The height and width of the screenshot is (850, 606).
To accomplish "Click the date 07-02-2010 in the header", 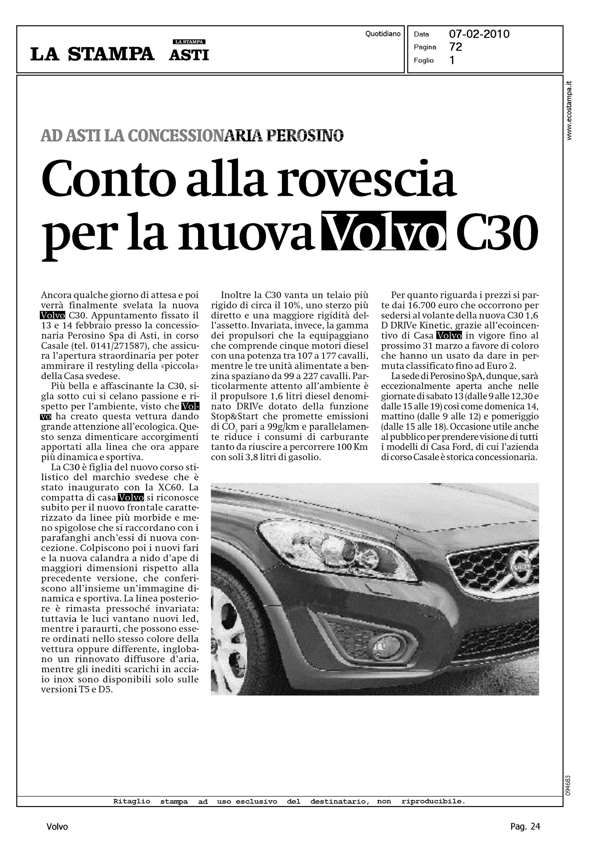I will click(x=479, y=34).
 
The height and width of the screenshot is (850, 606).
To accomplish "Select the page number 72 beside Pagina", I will click(x=456, y=47).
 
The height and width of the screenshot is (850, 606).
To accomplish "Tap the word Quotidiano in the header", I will click(x=383, y=34).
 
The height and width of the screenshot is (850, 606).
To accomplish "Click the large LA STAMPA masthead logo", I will click(x=92, y=54).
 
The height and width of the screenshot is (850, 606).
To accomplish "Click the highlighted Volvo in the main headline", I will click(x=386, y=231).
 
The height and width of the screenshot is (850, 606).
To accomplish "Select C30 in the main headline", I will click(x=499, y=232).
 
